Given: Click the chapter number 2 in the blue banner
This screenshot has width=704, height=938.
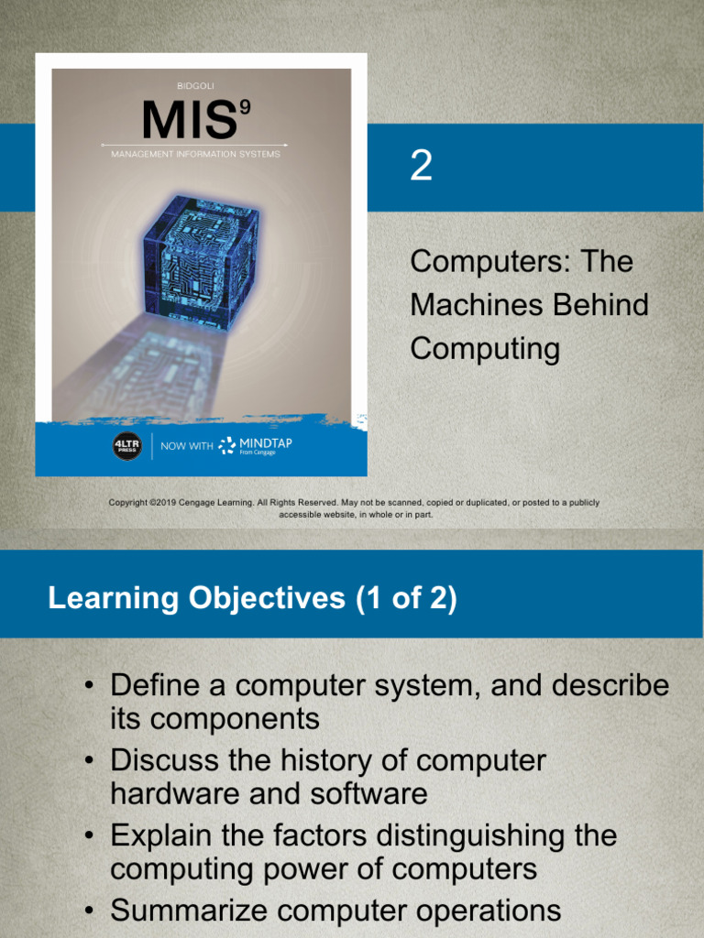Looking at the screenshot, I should tap(421, 167).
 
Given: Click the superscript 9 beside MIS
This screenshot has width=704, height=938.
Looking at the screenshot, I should tap(245, 107).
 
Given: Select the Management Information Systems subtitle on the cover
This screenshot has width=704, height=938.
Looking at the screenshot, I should tap(195, 154).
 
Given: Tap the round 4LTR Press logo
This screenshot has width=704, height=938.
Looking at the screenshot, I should tap(127, 446).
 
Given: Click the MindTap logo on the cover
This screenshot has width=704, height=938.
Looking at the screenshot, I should tap(257, 446).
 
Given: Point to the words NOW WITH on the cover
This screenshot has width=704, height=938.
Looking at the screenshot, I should tap(186, 447).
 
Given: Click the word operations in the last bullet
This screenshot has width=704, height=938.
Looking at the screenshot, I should tap(480, 911).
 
